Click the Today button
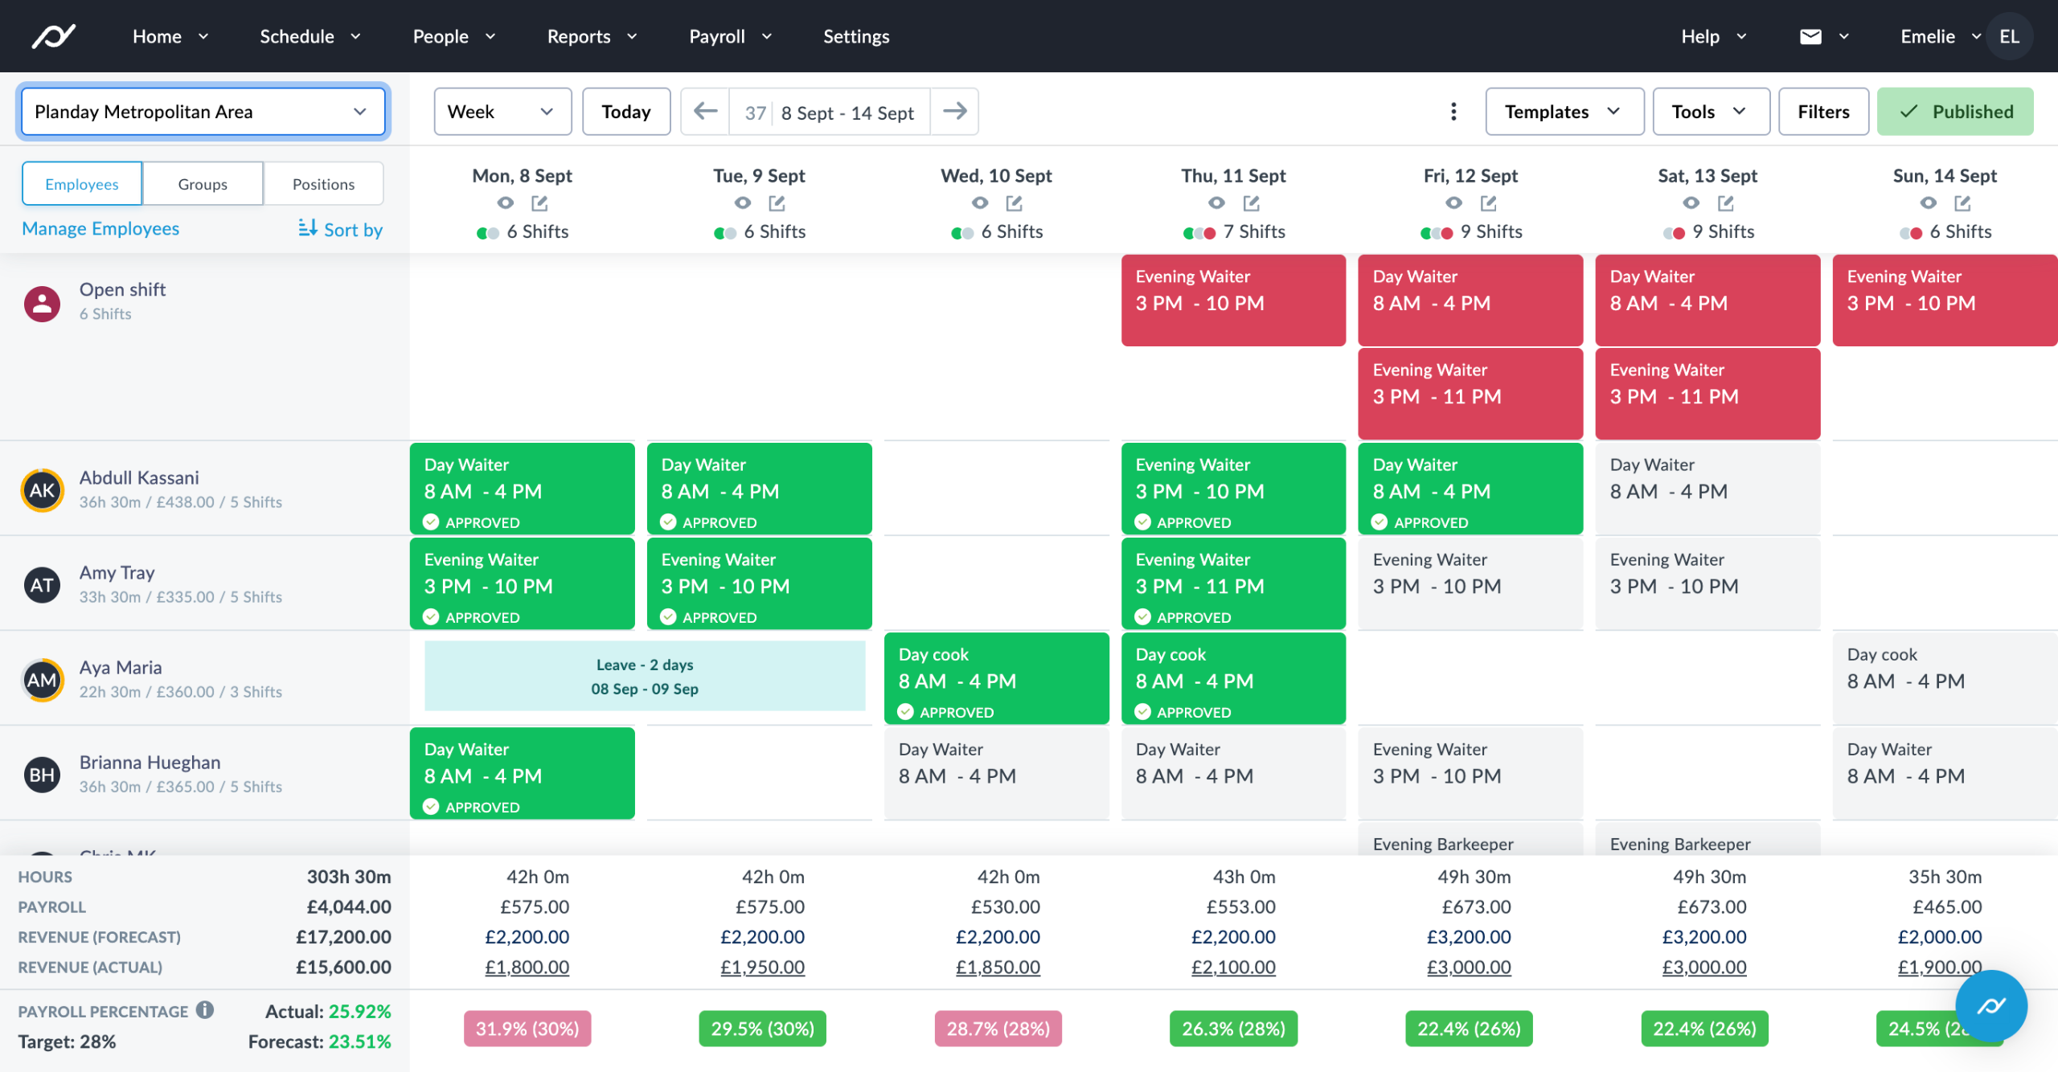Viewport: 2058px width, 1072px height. tap(625, 112)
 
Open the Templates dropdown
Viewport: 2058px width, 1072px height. tap(1563, 112)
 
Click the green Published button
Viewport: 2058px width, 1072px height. tap(1954, 112)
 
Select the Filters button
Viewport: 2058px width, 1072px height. tap(1822, 112)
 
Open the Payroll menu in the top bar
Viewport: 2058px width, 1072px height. tap(729, 36)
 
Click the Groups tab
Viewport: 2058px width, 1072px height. tap(203, 184)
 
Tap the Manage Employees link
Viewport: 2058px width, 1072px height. tap(100, 229)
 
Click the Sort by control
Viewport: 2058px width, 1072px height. tap(340, 229)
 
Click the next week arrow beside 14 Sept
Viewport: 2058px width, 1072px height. tap(954, 111)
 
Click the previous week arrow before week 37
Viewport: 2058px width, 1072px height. tap(705, 111)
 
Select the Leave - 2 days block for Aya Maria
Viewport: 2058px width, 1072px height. tap(644, 677)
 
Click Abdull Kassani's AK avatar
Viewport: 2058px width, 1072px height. tap(42, 490)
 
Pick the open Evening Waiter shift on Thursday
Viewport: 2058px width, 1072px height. tap(1232, 300)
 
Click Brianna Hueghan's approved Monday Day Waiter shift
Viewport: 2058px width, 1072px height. tap(522, 773)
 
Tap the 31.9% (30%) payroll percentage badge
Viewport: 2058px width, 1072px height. tap(527, 1029)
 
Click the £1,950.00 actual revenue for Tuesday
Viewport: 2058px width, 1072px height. tap(762, 968)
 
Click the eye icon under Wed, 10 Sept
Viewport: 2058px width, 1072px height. tap(979, 203)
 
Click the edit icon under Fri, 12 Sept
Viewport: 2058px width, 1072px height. tap(1488, 203)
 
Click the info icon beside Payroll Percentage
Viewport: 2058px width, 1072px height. tap(205, 1010)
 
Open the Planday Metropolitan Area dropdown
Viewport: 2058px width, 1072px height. tap(203, 112)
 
